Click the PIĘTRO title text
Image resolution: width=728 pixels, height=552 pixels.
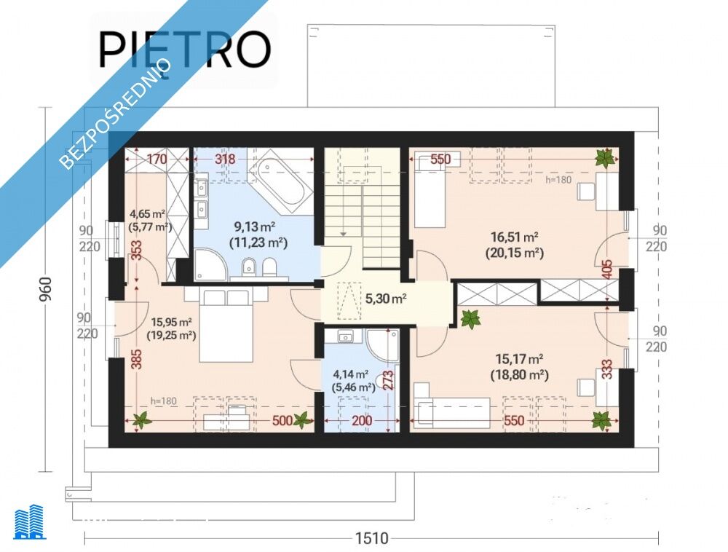click(x=185, y=50)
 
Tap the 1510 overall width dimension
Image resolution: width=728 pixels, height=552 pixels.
click(x=371, y=538)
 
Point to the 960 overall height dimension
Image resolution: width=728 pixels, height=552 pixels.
click(x=46, y=289)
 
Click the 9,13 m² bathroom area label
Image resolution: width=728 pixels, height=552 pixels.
click(x=255, y=226)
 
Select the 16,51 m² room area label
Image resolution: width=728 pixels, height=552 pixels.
click(x=515, y=237)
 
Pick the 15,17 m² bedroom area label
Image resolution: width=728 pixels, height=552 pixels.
click(x=520, y=359)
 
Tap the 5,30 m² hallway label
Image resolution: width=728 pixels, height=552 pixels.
click(x=386, y=299)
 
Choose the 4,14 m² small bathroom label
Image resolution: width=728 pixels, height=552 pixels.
click(x=351, y=374)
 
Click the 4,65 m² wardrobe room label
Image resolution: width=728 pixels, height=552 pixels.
click(x=148, y=215)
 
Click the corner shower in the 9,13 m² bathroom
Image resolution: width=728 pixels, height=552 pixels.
click(x=210, y=265)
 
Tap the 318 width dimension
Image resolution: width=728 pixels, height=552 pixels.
click(x=225, y=159)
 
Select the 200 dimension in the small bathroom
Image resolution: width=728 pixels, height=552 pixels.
click(x=362, y=421)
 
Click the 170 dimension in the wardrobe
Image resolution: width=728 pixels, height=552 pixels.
click(x=157, y=159)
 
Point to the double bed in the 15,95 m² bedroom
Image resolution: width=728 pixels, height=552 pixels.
click(x=226, y=325)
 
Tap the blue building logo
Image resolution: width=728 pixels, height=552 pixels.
click(x=30, y=522)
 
